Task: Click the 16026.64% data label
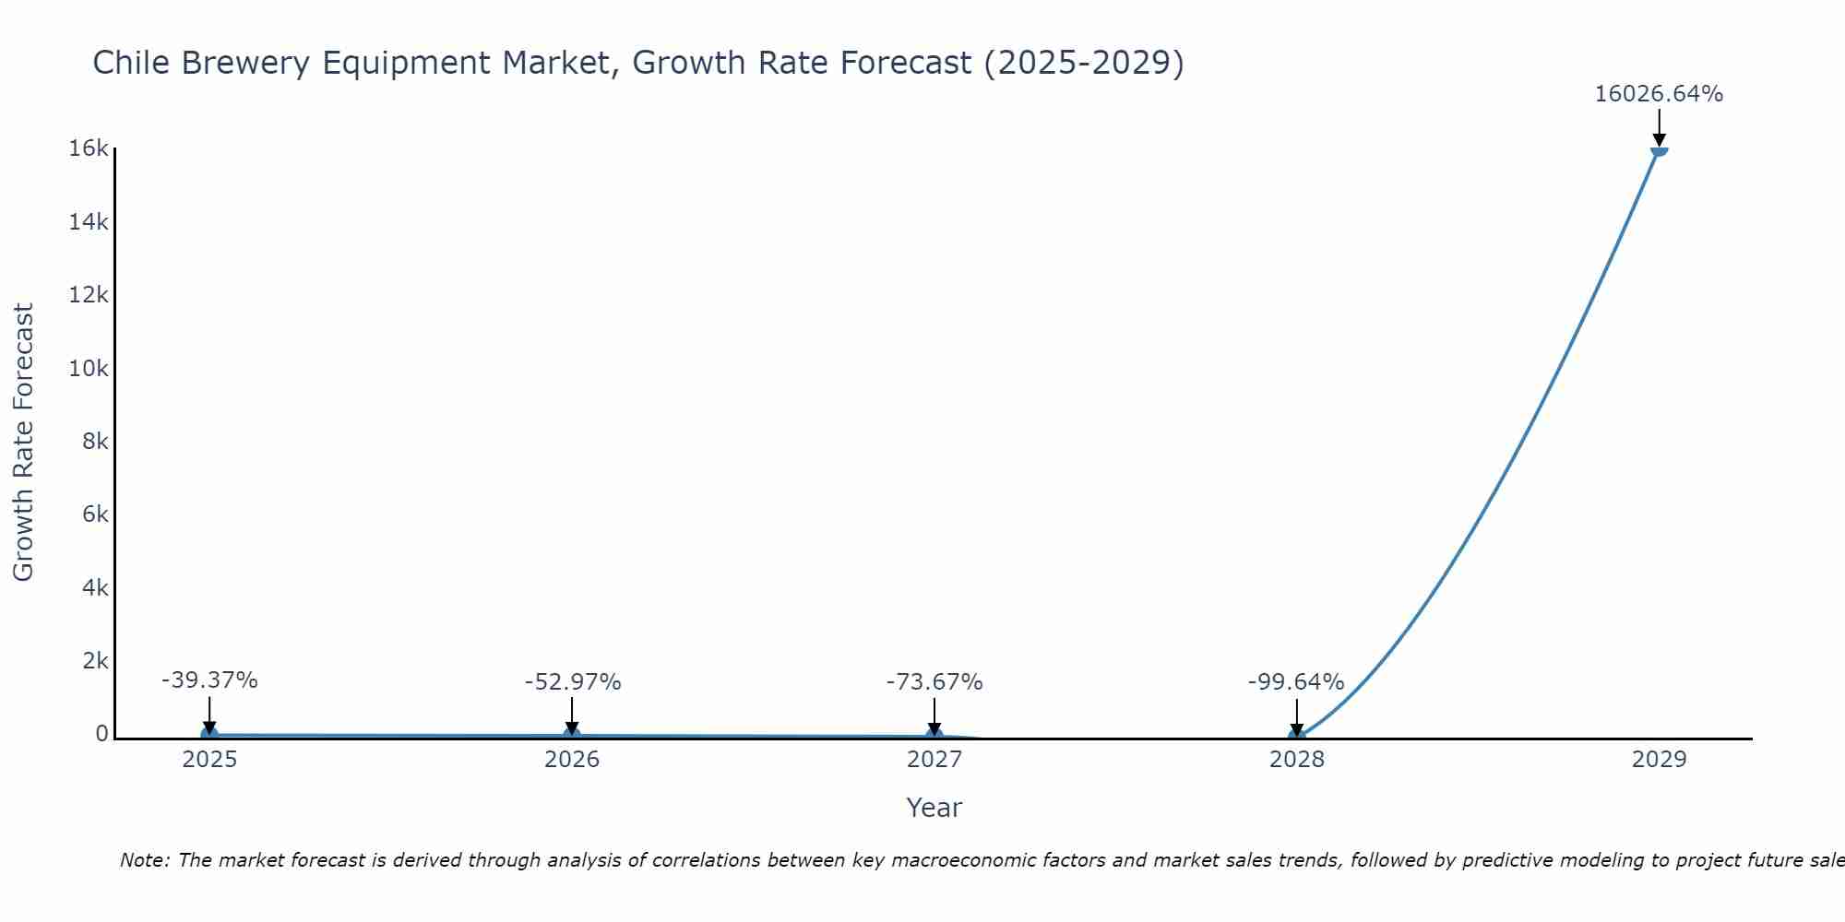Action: pos(1659,94)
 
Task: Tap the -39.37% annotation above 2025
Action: pos(209,680)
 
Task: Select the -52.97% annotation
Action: pos(572,682)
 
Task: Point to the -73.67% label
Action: pos(934,682)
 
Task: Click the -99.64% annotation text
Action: pos(1296,682)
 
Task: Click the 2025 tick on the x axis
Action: pos(209,760)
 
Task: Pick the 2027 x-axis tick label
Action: pos(934,760)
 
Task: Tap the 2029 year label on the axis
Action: pos(1659,760)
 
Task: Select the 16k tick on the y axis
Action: pos(89,148)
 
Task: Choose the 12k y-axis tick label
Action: pos(89,295)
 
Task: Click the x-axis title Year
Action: pos(934,808)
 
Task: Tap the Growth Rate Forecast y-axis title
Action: pos(24,443)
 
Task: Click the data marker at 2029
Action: pos(1659,151)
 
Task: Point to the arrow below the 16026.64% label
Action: pos(1659,127)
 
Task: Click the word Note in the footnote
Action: pos(143,860)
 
